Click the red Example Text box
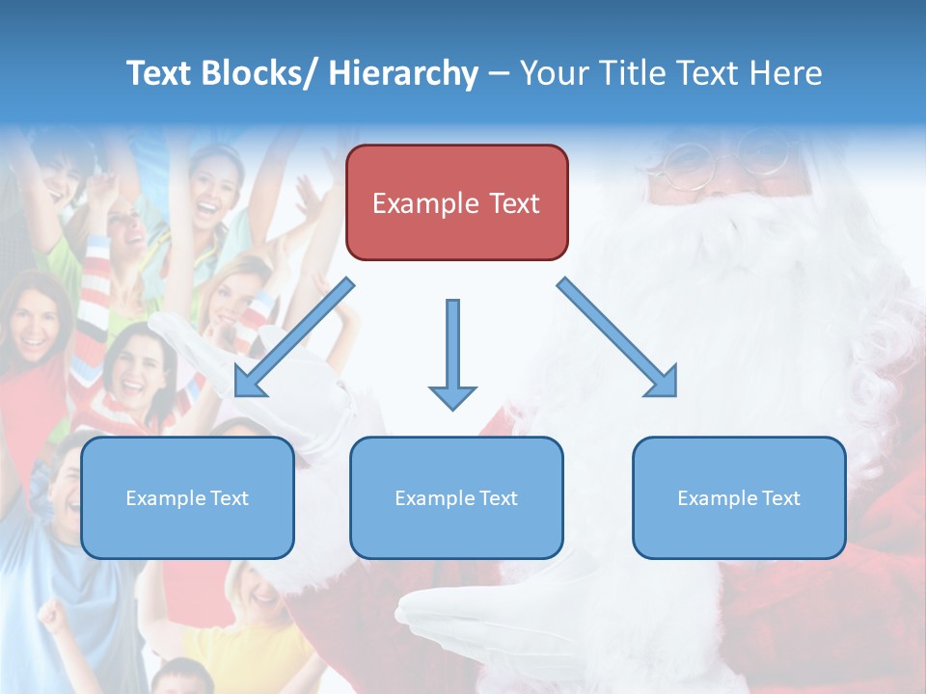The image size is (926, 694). click(x=456, y=202)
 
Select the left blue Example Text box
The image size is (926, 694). click(x=187, y=497)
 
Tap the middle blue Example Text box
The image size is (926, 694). click(x=456, y=497)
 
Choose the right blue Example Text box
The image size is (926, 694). click(x=739, y=497)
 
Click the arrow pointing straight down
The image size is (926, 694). click(x=452, y=353)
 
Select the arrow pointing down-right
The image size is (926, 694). click(x=618, y=338)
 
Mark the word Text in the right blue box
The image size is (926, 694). click(x=781, y=498)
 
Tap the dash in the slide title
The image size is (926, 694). click(x=499, y=73)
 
